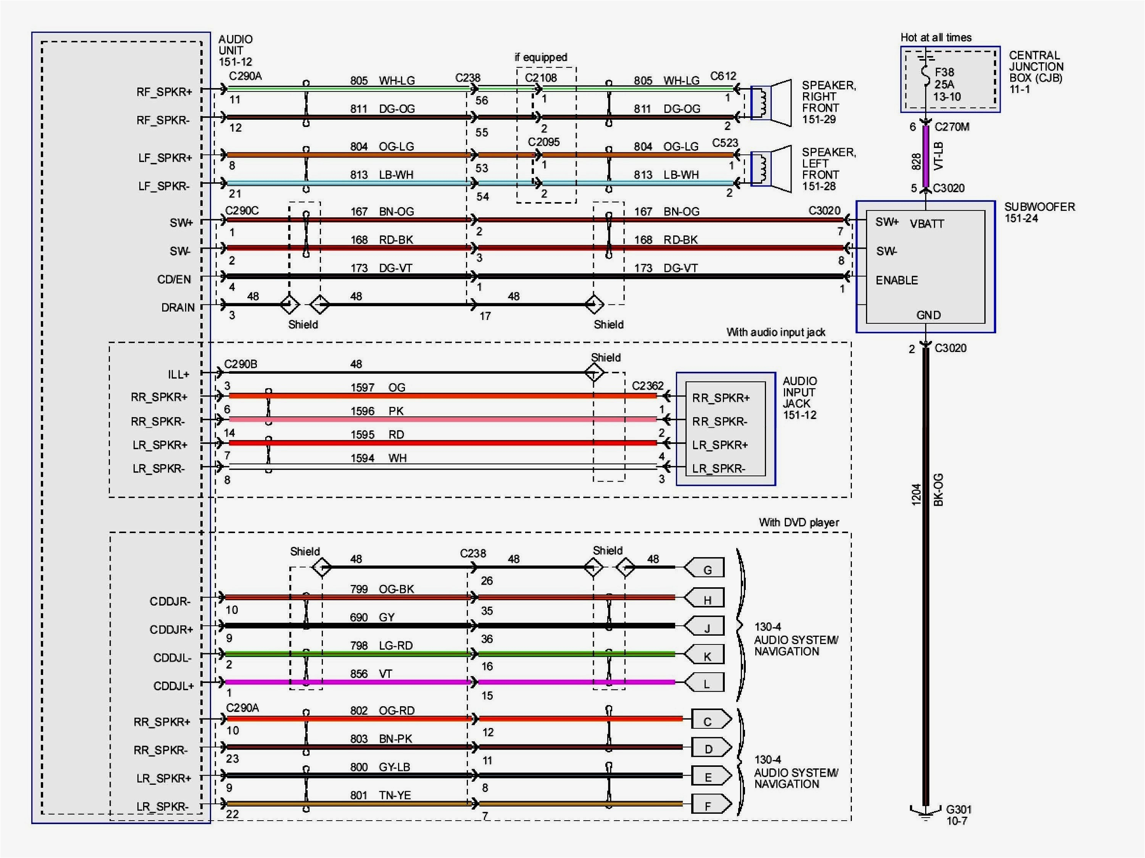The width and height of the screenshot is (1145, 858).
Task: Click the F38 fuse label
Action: point(944,72)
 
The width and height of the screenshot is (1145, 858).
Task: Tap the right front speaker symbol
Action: point(771,103)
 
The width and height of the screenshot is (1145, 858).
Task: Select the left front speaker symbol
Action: point(771,169)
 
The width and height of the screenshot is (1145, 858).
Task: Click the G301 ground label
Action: point(959,810)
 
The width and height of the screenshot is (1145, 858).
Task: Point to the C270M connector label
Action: point(952,127)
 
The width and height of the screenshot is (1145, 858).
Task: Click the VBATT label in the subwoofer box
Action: point(927,224)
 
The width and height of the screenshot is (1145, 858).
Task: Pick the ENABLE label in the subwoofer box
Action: point(897,280)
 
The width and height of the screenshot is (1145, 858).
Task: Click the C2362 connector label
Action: point(648,386)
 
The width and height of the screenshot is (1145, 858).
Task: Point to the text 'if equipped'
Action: point(541,58)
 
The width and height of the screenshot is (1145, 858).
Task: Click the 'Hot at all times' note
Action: point(936,37)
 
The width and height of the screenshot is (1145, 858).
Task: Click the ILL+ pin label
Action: point(179,374)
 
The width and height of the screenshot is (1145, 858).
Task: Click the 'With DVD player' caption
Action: point(799,522)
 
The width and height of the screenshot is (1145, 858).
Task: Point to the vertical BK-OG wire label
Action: point(938,490)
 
